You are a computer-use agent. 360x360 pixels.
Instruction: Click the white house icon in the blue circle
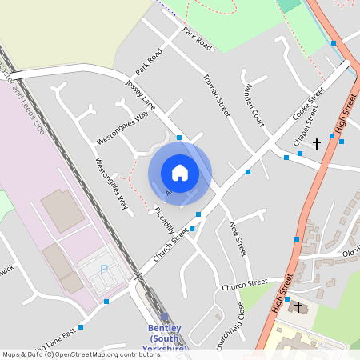tap(180, 173)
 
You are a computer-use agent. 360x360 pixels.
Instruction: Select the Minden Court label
tap(254, 103)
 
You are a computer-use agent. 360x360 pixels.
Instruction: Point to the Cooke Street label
tap(309, 103)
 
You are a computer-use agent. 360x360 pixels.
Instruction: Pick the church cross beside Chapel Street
tap(317, 143)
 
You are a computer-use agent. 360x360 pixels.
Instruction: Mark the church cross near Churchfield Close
tap(299, 306)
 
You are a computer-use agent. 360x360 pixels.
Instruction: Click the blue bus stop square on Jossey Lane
tap(179, 138)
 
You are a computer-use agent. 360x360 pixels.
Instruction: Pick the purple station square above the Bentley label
tap(165, 317)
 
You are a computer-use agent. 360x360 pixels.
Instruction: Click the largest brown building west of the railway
tap(62, 210)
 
